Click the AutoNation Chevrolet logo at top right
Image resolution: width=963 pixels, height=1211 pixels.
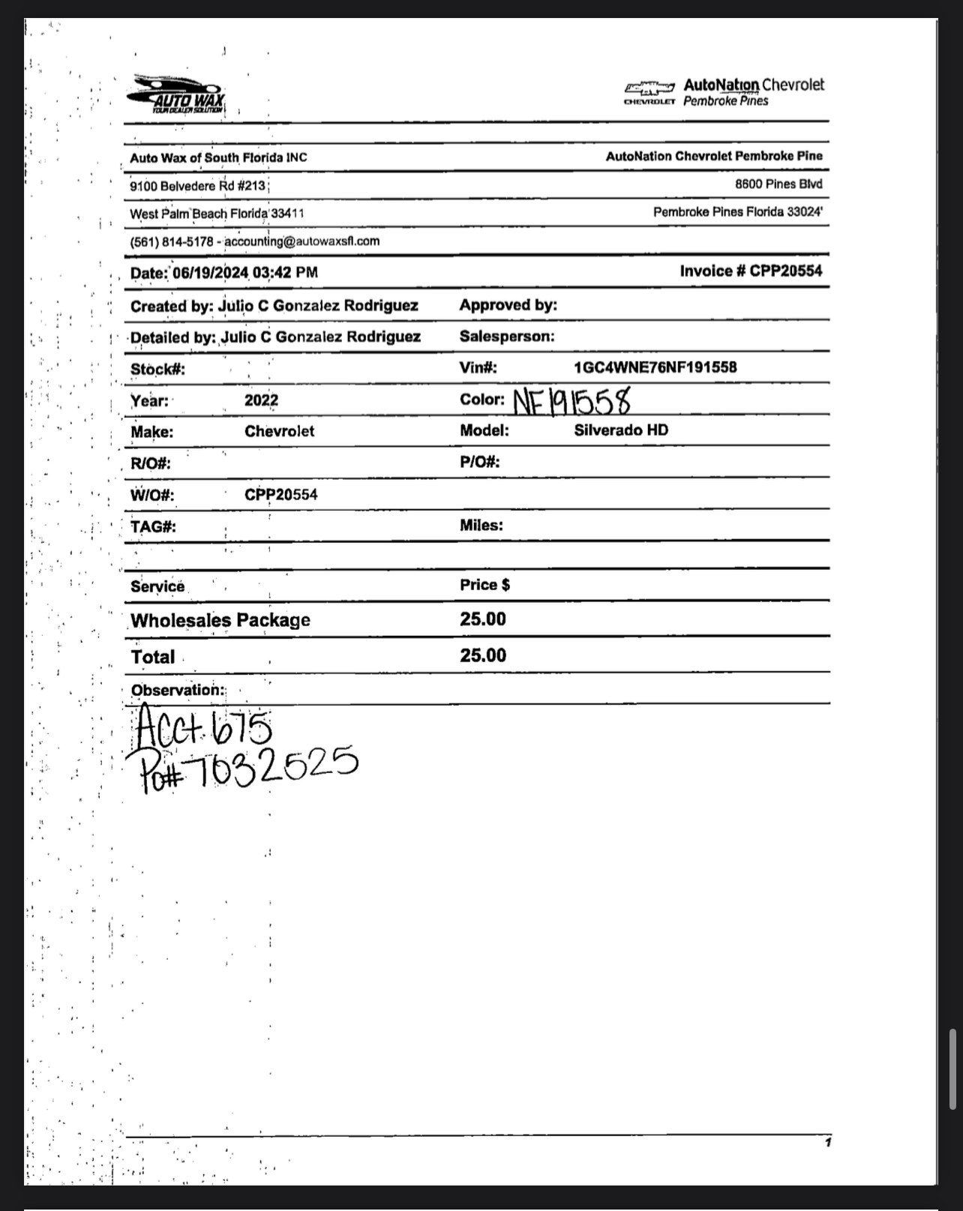point(724,92)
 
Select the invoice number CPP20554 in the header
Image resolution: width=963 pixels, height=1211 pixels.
point(785,271)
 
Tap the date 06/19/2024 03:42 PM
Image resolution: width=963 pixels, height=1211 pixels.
point(244,273)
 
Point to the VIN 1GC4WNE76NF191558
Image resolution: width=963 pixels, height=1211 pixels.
point(655,367)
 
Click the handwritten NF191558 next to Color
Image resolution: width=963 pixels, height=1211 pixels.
point(571,402)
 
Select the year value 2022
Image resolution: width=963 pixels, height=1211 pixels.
point(261,400)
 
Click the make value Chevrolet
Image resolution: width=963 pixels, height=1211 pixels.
point(279,432)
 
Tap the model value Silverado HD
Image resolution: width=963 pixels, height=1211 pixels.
point(621,430)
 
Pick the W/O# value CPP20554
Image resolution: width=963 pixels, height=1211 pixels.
point(280,495)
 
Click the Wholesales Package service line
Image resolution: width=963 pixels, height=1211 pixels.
point(220,621)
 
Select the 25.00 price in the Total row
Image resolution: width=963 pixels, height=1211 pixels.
point(483,656)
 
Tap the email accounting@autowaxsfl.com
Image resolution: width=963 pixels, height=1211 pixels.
point(301,241)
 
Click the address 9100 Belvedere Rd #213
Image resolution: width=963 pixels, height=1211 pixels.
point(197,186)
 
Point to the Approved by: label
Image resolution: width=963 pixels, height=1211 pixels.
point(508,305)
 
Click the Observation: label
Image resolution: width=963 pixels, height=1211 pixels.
point(177,691)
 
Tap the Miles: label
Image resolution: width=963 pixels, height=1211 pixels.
point(481,526)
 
